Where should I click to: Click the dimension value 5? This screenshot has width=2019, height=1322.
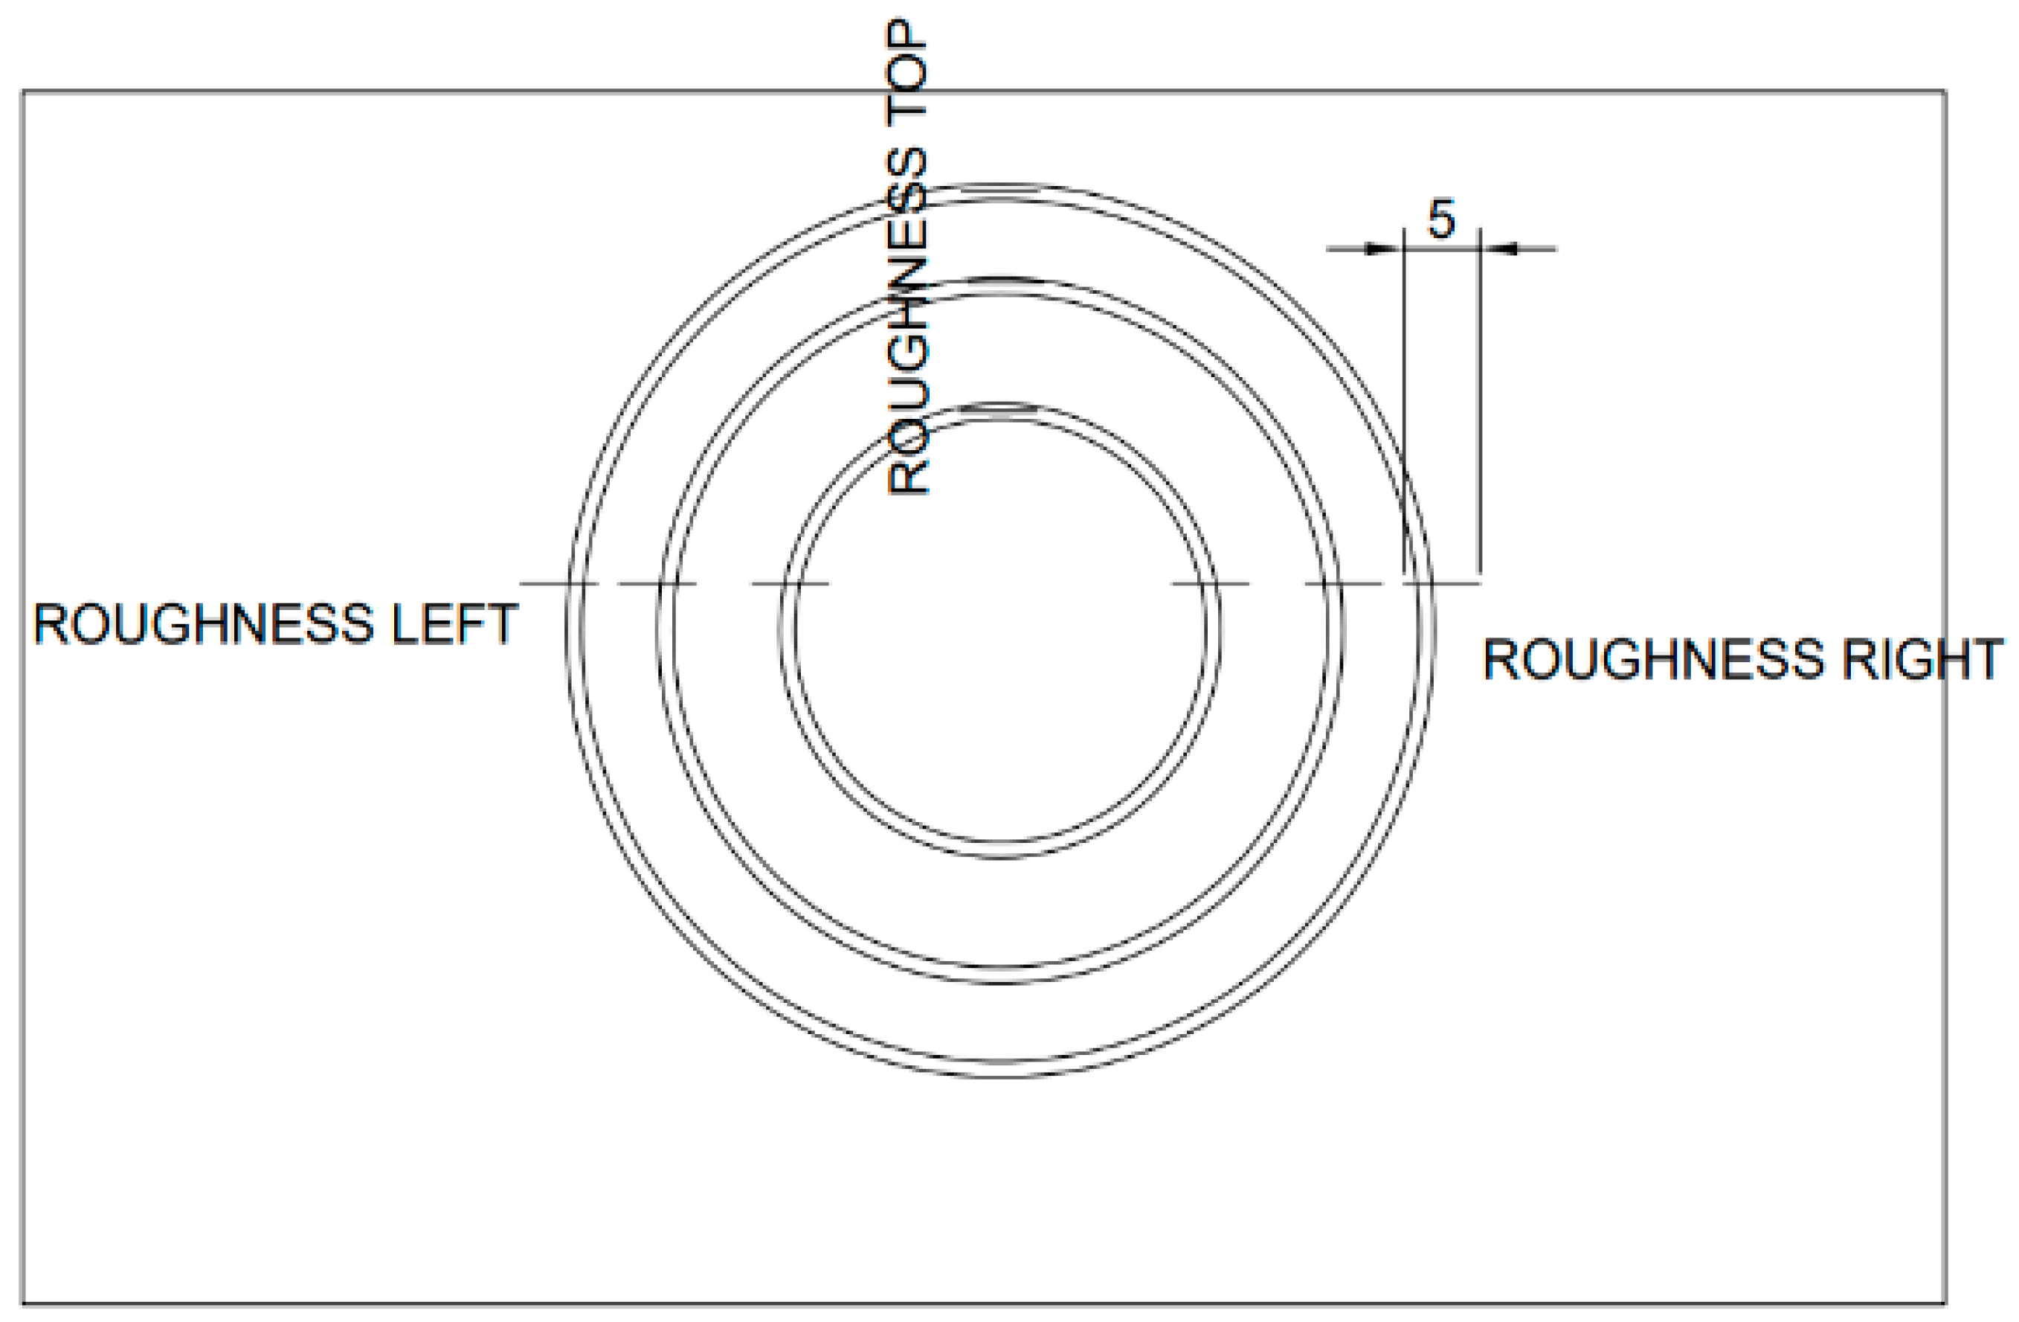[x=1441, y=219]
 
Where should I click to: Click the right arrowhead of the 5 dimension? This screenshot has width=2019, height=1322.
[x=1500, y=248]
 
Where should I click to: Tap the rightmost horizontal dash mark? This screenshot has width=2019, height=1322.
[x=1442, y=584]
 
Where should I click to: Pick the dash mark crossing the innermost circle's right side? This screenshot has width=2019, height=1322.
[x=1210, y=584]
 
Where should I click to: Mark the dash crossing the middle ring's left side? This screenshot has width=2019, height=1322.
[x=657, y=584]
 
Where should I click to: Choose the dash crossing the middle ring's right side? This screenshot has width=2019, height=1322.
[x=1344, y=584]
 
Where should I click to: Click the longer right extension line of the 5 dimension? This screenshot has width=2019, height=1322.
[x=1481, y=399]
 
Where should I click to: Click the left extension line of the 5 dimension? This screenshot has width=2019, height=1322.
[x=1404, y=399]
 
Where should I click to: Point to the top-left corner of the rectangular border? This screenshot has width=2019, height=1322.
[x=23, y=91]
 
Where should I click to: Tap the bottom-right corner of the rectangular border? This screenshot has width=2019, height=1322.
[x=1945, y=1303]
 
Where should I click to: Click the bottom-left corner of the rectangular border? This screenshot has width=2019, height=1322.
[x=23, y=1303]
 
